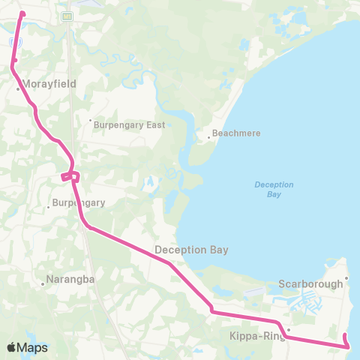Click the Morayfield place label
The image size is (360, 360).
coord(49,85)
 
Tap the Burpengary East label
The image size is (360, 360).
coord(129,125)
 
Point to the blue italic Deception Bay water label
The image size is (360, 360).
coord(274,189)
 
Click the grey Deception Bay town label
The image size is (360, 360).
coord(191,249)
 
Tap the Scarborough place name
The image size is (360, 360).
coord(310,283)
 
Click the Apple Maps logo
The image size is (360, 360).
coord(27,347)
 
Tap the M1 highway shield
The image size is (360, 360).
coord(67,16)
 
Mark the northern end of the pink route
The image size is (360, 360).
coord(22,13)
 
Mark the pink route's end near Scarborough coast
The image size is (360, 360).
coord(345,335)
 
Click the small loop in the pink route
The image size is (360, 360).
coord(69,176)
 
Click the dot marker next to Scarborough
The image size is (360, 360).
coord(347,283)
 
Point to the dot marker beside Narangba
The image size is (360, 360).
coord(43,283)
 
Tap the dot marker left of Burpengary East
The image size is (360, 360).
coord(90,120)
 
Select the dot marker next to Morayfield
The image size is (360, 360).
coord(19,89)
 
